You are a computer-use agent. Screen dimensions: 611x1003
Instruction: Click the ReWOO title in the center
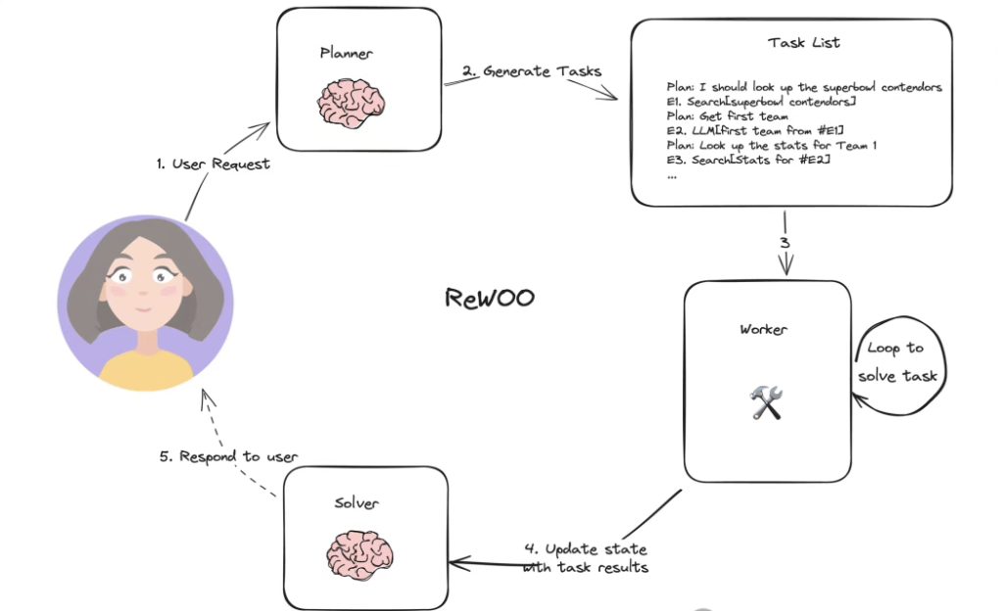click(x=490, y=298)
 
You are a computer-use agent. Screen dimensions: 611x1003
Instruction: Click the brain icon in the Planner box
click(x=353, y=102)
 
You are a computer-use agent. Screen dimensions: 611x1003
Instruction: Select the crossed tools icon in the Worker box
click(x=766, y=402)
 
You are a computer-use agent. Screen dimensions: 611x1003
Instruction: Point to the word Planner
click(x=346, y=53)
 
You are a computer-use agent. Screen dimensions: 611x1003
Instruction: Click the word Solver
click(x=356, y=503)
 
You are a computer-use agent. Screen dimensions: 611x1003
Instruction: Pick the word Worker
click(x=763, y=330)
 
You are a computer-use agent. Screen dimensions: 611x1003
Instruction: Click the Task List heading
click(x=804, y=43)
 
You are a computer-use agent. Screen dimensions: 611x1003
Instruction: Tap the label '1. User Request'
click(x=213, y=164)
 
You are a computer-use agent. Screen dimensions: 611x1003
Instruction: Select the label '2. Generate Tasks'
click(x=532, y=71)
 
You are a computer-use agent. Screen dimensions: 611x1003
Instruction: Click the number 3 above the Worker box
click(x=784, y=242)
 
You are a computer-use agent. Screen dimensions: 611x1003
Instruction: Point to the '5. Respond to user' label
click(x=228, y=456)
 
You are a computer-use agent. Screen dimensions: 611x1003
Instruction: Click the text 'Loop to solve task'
click(x=897, y=362)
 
